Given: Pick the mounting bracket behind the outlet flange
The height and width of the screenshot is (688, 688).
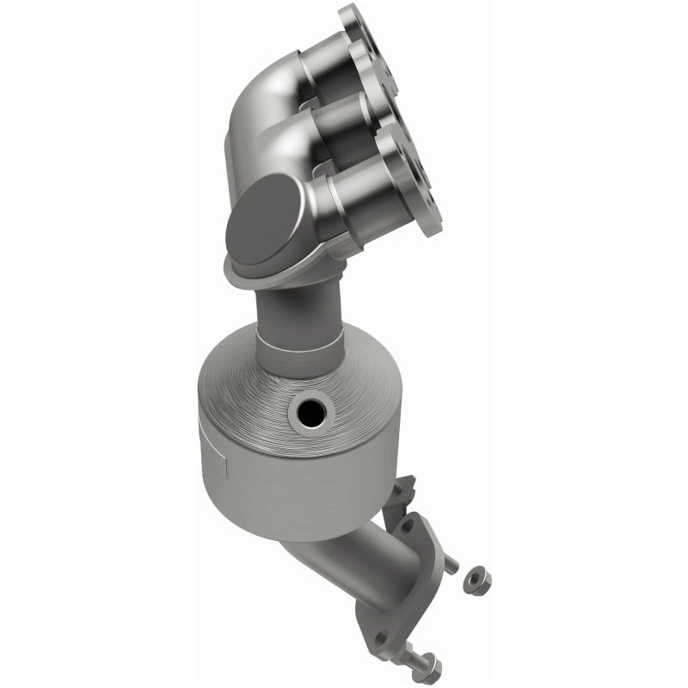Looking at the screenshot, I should point(402,494).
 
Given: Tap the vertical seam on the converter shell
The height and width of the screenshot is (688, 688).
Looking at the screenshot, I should point(223,470).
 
